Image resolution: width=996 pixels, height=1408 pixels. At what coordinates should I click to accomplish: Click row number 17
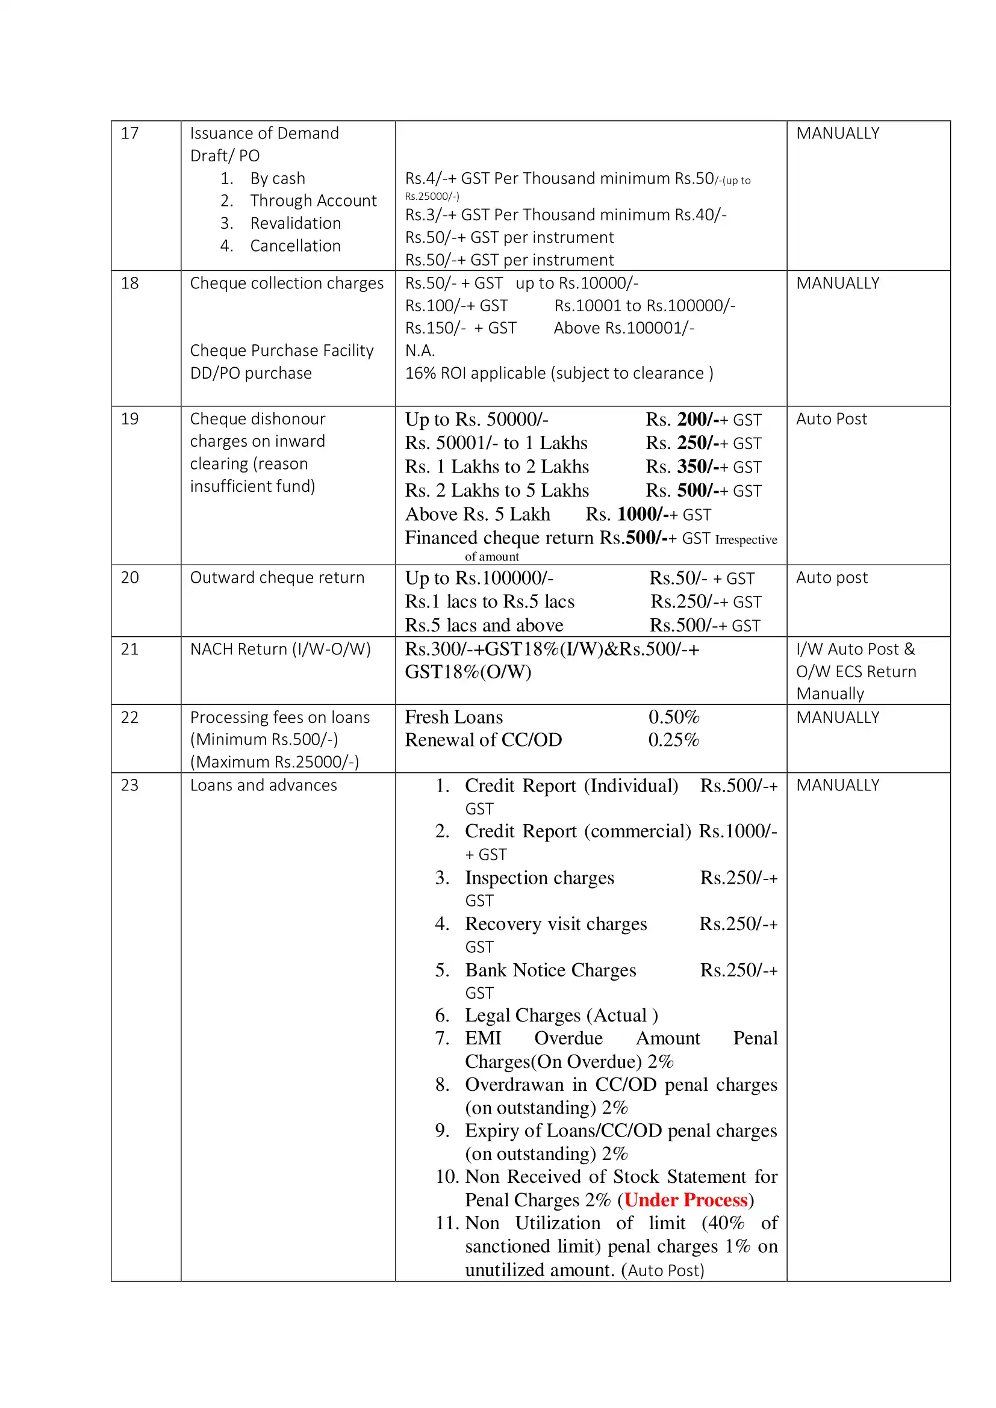(x=129, y=134)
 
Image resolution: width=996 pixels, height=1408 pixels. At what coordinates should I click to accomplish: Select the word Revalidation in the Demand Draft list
(x=295, y=223)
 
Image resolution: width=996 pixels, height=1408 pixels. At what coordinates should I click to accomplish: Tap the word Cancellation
(x=295, y=246)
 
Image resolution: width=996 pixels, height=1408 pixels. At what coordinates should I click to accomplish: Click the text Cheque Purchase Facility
(x=281, y=351)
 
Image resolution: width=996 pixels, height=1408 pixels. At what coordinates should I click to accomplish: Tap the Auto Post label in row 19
(x=831, y=420)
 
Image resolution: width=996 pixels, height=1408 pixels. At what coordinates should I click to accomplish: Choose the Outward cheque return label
(x=276, y=578)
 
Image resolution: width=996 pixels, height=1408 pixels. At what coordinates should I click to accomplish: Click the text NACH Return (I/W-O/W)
(x=280, y=650)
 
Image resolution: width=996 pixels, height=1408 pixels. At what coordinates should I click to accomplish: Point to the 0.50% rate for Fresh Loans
(x=673, y=717)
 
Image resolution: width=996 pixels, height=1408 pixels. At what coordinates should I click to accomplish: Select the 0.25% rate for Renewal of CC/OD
(x=673, y=740)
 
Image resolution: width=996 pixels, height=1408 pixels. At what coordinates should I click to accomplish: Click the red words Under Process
(x=686, y=1200)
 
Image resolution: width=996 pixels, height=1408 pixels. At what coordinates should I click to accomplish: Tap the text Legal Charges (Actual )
(x=561, y=1016)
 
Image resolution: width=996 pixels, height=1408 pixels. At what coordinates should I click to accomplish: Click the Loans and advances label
(x=263, y=786)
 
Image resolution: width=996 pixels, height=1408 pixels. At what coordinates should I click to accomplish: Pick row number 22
(x=129, y=718)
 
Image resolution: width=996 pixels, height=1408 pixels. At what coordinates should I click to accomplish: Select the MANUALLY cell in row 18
(x=837, y=284)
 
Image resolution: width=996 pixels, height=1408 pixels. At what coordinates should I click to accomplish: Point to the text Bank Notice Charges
(x=550, y=970)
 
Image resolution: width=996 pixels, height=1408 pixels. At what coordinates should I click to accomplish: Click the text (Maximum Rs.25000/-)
(x=274, y=762)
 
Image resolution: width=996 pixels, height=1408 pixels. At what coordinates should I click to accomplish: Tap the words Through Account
(x=313, y=201)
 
